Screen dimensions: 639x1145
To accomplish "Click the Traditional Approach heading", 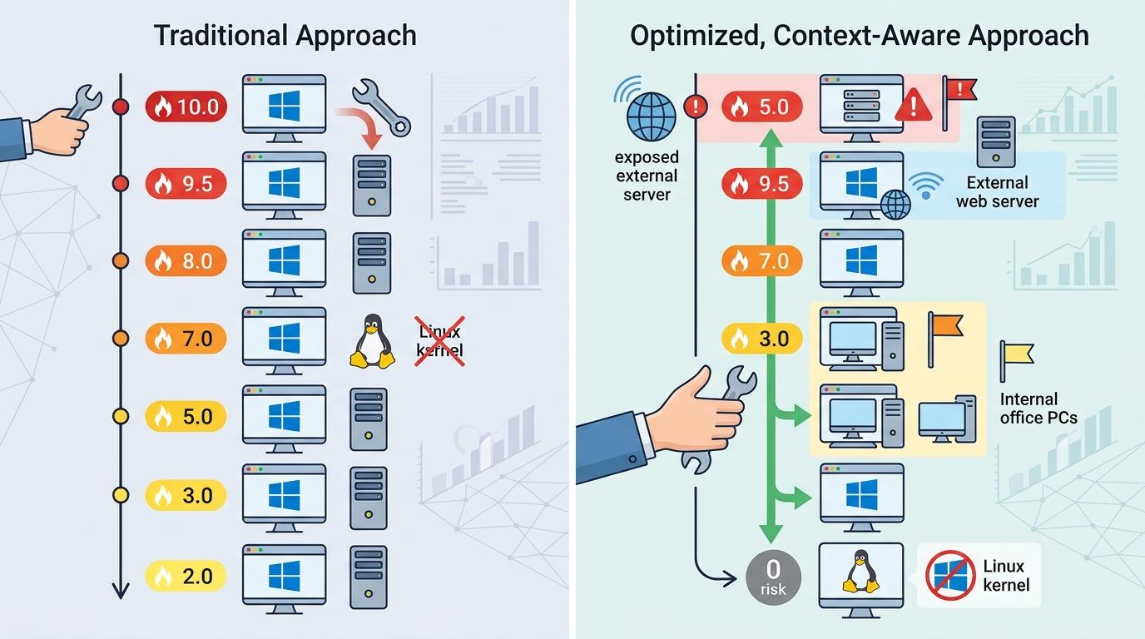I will pyautogui.click(x=285, y=36).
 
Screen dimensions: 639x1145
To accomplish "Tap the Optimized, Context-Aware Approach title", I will pyautogui.click(x=859, y=36).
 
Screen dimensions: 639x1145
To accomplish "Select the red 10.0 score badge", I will pyautogui.click(x=186, y=106).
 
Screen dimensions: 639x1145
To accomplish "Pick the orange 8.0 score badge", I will pyautogui.click(x=186, y=261).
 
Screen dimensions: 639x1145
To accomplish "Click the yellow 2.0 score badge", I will pyautogui.click(x=186, y=575).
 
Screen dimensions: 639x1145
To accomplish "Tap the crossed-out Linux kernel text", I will pyautogui.click(x=440, y=341).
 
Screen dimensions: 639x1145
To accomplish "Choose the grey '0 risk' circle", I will pyautogui.click(x=773, y=576).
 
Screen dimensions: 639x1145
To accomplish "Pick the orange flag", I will pyautogui.click(x=944, y=326).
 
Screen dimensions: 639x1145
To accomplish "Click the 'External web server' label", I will pyautogui.click(x=997, y=191).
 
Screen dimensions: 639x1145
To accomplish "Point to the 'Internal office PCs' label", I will pyautogui.click(x=1038, y=409).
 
